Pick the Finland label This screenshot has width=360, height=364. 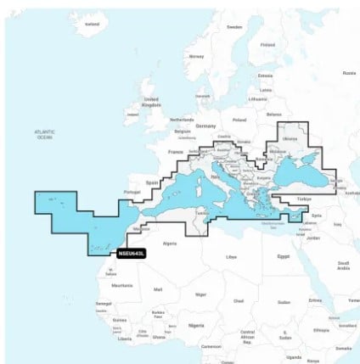(267, 44)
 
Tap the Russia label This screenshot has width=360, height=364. (349, 73)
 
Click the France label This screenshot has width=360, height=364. (176, 152)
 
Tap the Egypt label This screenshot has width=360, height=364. (284, 255)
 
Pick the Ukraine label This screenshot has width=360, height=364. (290, 138)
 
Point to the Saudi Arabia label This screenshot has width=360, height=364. (343, 266)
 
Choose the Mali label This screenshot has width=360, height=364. (158, 290)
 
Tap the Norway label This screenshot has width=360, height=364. (197, 56)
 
